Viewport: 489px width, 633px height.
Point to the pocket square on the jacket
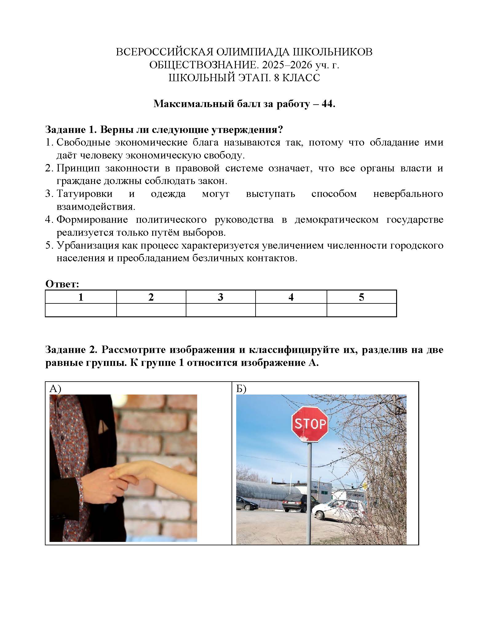104,426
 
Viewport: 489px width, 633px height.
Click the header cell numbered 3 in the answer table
221,297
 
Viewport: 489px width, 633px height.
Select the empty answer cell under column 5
361,310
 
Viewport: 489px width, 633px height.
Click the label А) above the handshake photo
55,389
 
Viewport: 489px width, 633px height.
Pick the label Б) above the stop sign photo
241,389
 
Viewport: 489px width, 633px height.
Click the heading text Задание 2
71,350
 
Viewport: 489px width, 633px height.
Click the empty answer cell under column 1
81,310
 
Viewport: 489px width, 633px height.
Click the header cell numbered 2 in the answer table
151,297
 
